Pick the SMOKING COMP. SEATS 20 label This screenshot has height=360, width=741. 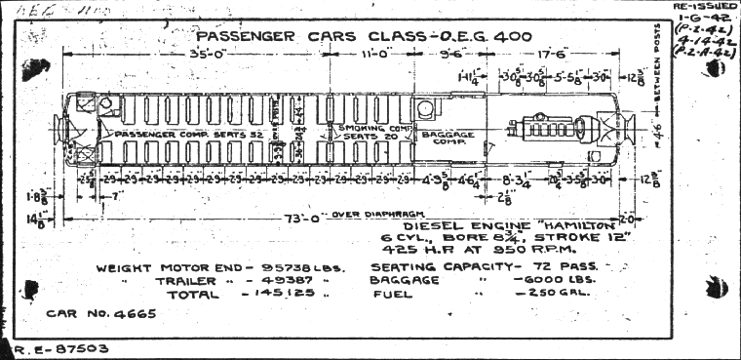pos(368,132)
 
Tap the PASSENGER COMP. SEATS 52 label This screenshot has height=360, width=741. pos(175,132)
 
